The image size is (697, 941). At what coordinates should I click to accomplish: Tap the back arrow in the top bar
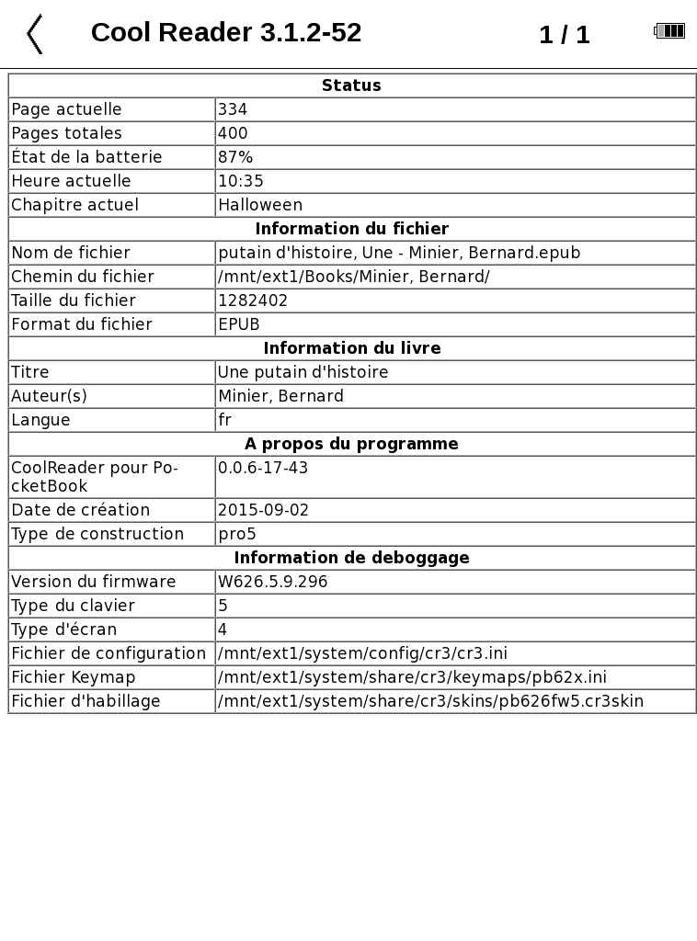click(35, 34)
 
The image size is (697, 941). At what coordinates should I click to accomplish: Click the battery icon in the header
click(669, 31)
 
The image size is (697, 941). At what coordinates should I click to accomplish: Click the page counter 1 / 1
click(564, 35)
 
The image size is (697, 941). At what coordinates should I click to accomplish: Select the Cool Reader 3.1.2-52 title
click(226, 33)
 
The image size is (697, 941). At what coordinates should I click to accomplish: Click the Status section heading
click(351, 85)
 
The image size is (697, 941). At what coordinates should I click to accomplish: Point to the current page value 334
click(233, 109)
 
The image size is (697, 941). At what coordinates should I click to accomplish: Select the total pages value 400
click(233, 133)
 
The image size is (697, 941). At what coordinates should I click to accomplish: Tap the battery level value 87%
click(235, 157)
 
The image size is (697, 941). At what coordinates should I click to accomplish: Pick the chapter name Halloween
click(260, 205)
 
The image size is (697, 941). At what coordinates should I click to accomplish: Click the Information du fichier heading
click(351, 229)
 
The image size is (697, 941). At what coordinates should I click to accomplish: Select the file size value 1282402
click(253, 300)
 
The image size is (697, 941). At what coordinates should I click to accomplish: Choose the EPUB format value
click(239, 324)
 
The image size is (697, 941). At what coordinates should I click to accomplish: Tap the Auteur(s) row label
click(49, 396)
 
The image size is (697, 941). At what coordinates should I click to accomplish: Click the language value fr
click(224, 420)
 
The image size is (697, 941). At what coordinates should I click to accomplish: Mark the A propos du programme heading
click(351, 444)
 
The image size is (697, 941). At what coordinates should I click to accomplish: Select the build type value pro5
click(236, 534)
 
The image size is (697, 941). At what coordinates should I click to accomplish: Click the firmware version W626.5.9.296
click(272, 582)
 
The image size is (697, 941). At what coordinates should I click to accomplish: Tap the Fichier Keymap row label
click(74, 677)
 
